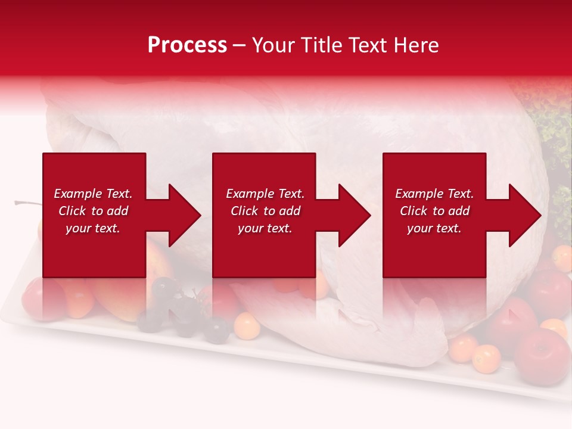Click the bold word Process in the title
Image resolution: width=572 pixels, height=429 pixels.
(x=187, y=45)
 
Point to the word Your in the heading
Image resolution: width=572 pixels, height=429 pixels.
(x=275, y=45)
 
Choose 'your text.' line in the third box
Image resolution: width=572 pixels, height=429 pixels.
(x=434, y=228)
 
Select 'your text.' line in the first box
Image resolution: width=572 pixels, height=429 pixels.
(x=92, y=228)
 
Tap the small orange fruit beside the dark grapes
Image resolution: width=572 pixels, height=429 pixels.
(x=246, y=325)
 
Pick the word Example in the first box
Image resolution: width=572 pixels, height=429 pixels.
(x=77, y=194)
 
